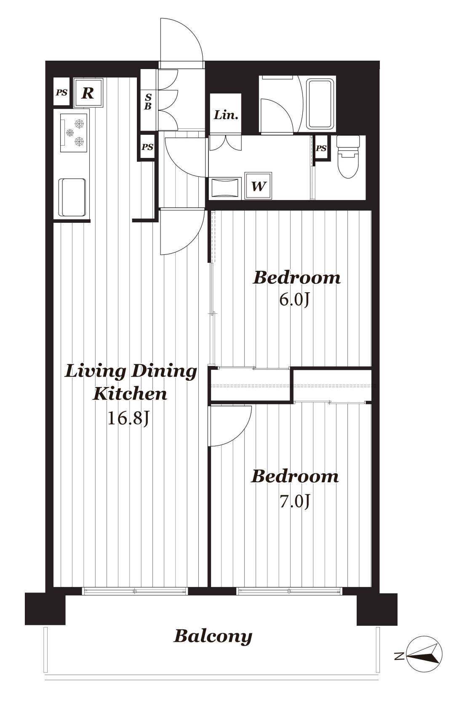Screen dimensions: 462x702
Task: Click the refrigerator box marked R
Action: coord(88,93)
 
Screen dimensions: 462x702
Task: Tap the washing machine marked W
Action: coord(258,186)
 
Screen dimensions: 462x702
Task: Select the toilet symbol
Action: coord(348,157)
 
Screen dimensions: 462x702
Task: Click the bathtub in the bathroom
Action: coord(320,105)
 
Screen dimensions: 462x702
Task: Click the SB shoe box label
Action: coord(148,101)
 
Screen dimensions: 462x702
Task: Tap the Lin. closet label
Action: coord(226,115)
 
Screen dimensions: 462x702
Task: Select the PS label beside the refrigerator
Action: coord(61,93)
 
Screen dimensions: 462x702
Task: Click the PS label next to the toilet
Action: coord(321,148)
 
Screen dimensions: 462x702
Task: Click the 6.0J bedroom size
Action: coord(294,300)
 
